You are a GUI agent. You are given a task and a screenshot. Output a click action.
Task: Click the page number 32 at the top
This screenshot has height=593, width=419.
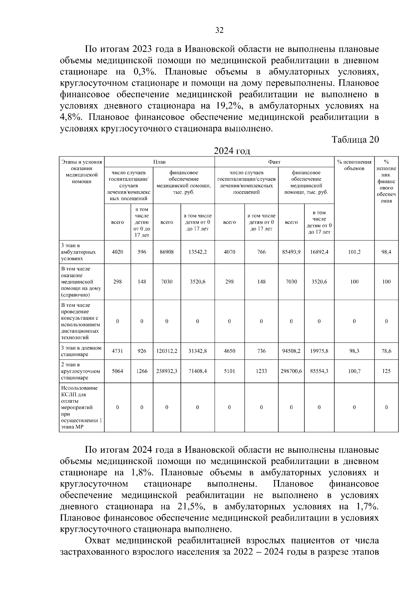219,30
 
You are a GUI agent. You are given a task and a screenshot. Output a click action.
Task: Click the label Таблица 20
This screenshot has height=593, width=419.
355,140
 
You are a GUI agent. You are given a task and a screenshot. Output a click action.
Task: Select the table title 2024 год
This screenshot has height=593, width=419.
232,151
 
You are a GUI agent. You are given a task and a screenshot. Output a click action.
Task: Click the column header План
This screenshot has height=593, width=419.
159,162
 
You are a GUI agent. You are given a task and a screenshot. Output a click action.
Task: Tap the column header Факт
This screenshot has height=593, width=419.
274,162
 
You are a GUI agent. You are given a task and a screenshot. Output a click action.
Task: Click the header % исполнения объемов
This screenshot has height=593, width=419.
354,165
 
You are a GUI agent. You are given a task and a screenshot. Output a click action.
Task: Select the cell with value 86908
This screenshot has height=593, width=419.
167,252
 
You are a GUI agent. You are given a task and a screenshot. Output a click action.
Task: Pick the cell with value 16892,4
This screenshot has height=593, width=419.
319,252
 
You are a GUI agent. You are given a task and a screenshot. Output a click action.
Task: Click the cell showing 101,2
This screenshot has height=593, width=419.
354,252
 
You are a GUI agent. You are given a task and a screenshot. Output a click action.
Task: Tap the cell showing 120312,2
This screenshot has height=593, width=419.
167,351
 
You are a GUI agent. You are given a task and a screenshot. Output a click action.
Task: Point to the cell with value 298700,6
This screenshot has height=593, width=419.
291,371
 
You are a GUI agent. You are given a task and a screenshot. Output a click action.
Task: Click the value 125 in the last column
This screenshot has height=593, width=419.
386,371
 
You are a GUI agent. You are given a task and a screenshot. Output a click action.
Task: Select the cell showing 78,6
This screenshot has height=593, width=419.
386,351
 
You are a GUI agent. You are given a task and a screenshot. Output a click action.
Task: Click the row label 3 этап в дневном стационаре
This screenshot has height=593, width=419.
81,351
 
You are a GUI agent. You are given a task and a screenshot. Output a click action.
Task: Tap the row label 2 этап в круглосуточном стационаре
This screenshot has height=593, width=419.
81,371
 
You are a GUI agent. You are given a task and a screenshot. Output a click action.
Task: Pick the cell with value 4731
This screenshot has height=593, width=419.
117,351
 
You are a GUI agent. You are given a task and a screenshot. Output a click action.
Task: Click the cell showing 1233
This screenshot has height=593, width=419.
261,371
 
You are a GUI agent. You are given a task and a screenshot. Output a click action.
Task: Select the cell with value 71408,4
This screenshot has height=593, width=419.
197,371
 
